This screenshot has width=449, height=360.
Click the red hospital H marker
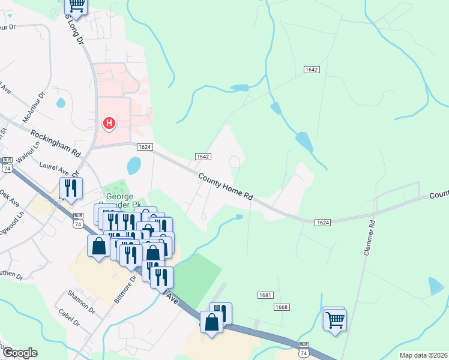(x=109, y=124)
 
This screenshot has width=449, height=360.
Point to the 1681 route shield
(x=265, y=295)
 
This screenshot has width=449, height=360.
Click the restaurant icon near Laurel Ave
(x=71, y=188)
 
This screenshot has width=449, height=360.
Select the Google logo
(x=20, y=353)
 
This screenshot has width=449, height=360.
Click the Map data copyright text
(x=423, y=355)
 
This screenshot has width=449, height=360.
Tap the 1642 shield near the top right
(x=311, y=70)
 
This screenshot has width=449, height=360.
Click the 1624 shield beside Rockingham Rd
(x=144, y=147)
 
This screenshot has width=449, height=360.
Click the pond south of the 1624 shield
(x=134, y=165)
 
